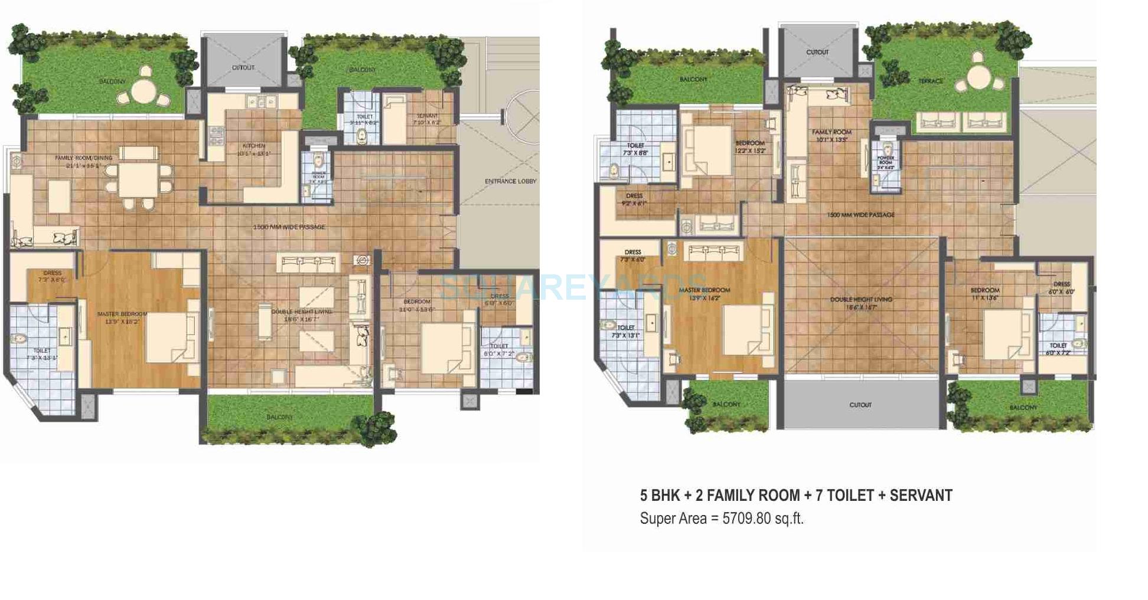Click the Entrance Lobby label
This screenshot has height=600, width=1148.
coord(510,181)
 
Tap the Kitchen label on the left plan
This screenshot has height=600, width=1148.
coord(254,146)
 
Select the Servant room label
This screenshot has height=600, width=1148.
coord(426,116)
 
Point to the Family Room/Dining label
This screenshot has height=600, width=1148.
coord(80,158)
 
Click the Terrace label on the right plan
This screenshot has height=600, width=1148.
coord(930,81)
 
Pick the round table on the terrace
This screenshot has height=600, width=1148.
coord(979,77)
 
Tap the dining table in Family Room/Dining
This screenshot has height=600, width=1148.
coord(137,180)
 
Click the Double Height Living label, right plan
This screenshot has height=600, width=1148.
coord(860,300)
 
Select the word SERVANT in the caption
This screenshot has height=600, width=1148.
coord(921,496)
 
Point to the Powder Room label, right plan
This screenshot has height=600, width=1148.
coord(885,160)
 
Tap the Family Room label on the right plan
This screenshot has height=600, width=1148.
coord(831,132)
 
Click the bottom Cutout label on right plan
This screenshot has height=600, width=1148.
coord(860,405)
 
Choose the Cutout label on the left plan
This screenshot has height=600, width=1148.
coord(243,68)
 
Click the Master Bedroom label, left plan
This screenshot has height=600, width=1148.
coord(122,314)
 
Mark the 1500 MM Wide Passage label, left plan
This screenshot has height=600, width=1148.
coord(289,227)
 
